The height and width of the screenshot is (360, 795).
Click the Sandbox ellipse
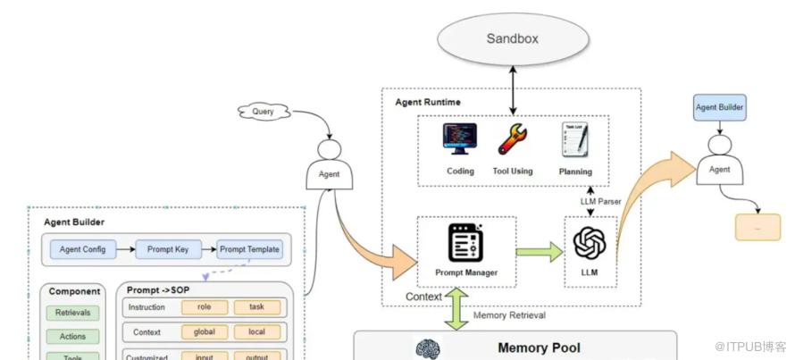[x=513, y=38]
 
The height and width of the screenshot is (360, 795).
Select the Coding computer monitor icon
[x=460, y=139]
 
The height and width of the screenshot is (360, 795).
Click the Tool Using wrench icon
[x=513, y=139]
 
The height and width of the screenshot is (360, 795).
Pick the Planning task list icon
[x=573, y=141]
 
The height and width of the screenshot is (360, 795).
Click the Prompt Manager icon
[x=466, y=243]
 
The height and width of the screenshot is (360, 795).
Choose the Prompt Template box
[x=249, y=249]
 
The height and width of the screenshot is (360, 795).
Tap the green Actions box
[x=73, y=337]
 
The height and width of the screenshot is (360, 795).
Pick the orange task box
[x=257, y=306]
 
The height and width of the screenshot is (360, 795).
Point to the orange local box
[x=257, y=331]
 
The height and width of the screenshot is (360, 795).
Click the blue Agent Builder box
[x=719, y=109]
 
